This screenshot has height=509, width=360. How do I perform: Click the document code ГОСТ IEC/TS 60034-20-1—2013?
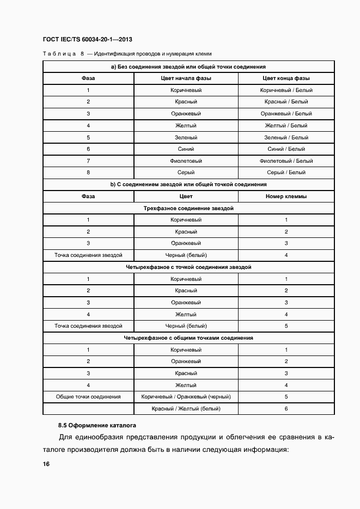click(x=87, y=40)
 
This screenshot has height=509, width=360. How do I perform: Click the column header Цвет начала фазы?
click(x=186, y=78)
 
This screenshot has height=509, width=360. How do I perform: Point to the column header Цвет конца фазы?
click(x=286, y=78)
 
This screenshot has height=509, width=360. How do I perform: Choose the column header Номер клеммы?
click(x=286, y=197)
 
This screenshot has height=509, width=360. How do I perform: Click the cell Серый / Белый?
click(x=286, y=173)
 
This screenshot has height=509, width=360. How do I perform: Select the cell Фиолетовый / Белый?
click(x=286, y=161)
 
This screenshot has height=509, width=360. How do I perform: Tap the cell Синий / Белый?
click(x=286, y=149)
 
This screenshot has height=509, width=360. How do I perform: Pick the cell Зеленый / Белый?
click(x=286, y=138)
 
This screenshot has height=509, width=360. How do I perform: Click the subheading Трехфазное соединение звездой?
click(x=188, y=208)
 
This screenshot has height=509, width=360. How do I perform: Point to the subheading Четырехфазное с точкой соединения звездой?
click(x=188, y=267)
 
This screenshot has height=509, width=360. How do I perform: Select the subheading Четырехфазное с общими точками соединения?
click(x=188, y=338)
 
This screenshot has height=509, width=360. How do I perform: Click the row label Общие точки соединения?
click(x=88, y=397)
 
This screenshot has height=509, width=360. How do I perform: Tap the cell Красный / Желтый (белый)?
click(x=186, y=409)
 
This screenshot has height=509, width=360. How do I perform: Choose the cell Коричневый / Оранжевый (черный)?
click(x=186, y=397)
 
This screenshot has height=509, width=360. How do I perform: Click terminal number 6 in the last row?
click(x=286, y=409)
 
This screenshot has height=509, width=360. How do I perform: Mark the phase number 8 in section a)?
click(x=88, y=173)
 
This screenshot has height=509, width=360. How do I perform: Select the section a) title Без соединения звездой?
click(x=188, y=66)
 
